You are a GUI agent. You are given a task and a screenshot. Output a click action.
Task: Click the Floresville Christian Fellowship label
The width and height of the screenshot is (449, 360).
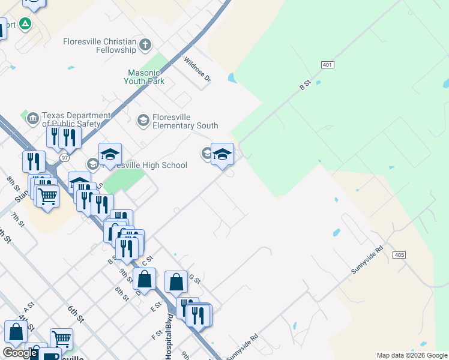[100, 46]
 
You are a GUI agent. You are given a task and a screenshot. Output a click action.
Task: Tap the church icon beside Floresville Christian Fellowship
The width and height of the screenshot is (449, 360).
[145, 44]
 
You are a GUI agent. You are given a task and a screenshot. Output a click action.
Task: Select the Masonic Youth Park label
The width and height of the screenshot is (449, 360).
[144, 77]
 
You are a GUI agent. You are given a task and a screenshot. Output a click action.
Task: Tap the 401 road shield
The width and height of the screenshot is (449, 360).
[327, 64]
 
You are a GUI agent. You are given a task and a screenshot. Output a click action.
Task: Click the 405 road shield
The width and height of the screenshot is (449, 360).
[400, 255]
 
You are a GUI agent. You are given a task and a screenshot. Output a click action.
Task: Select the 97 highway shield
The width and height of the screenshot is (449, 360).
[64, 157]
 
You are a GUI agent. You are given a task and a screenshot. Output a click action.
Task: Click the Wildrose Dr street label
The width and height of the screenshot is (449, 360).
[198, 70]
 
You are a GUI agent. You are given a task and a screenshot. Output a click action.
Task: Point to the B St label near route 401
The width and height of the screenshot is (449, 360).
[304, 85]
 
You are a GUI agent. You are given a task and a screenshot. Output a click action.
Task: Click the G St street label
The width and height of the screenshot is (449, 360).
[194, 278]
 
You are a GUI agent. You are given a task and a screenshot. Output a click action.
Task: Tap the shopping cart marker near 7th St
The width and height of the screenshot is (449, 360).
[47, 195]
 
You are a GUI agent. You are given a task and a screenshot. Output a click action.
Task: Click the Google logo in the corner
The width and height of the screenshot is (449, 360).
[20, 353]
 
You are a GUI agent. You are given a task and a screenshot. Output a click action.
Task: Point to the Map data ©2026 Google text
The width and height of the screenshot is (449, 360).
[412, 355]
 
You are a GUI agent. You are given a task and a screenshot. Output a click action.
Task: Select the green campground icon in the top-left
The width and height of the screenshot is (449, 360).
[25, 24]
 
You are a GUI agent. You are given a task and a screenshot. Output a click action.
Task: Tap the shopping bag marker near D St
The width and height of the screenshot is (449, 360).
[145, 279]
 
